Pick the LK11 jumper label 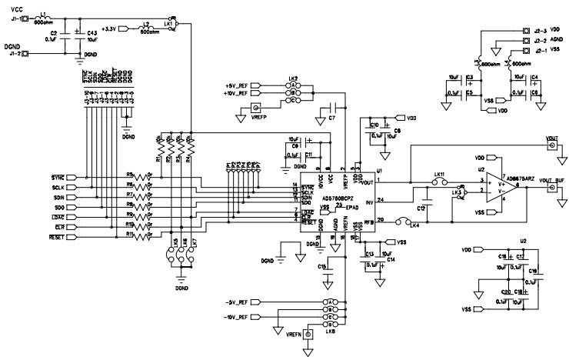pos(439,176)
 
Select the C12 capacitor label pos(421,209)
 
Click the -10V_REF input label pos(235,317)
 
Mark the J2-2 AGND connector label pos(551,41)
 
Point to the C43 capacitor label pos(92,33)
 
